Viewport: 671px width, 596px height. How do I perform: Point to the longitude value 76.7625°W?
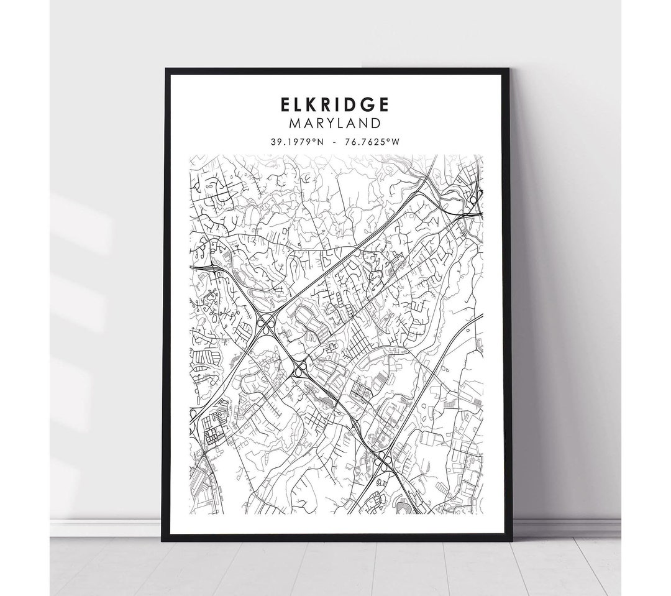(375, 142)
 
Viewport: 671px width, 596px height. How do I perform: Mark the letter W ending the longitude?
(395, 142)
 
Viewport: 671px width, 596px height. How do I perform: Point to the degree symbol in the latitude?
(317, 140)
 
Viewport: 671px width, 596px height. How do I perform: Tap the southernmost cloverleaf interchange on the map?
(383, 460)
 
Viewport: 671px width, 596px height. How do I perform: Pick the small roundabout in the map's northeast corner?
(473, 200)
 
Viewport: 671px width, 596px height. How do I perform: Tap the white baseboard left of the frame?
(106, 527)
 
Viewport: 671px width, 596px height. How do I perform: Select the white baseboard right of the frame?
(565, 527)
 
